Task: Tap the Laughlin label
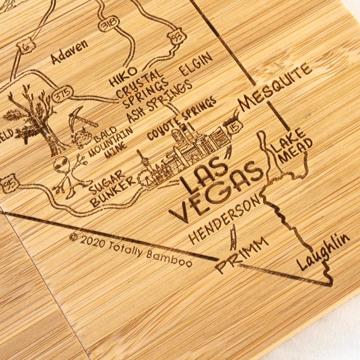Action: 323,252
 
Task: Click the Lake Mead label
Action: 292,145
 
